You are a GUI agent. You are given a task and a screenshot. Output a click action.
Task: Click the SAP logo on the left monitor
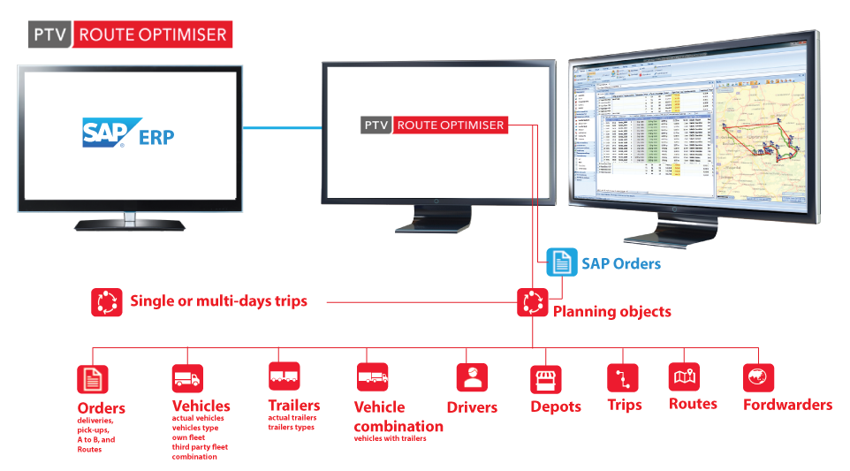110,133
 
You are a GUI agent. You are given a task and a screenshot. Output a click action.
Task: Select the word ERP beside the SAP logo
157,136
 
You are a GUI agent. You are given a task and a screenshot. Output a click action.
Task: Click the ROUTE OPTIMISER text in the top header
152,35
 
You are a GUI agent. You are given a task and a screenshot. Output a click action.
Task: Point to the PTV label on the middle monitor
376,125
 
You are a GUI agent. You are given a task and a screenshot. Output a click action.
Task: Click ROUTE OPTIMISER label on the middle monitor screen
451,125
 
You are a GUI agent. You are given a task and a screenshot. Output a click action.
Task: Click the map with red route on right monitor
761,141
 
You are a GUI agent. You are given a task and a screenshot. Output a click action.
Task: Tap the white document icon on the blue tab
561,263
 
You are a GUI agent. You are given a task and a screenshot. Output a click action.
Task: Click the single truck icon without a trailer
186,378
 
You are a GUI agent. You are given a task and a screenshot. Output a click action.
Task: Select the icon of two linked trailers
284,376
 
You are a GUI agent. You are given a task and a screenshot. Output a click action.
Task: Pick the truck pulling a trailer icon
373,377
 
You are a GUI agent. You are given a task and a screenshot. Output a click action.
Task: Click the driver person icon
473,377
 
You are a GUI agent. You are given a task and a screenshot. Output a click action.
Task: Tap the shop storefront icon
548,379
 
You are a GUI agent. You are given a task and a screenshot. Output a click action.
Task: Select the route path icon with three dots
623,378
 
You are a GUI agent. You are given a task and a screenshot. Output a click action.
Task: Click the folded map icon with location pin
685,377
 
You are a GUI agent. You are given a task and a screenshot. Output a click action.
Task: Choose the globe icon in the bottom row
756,377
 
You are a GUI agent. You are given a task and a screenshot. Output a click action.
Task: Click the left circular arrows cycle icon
107,302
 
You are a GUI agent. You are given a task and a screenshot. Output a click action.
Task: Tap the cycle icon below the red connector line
532,302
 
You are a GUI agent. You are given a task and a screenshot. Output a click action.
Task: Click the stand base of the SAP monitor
130,224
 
